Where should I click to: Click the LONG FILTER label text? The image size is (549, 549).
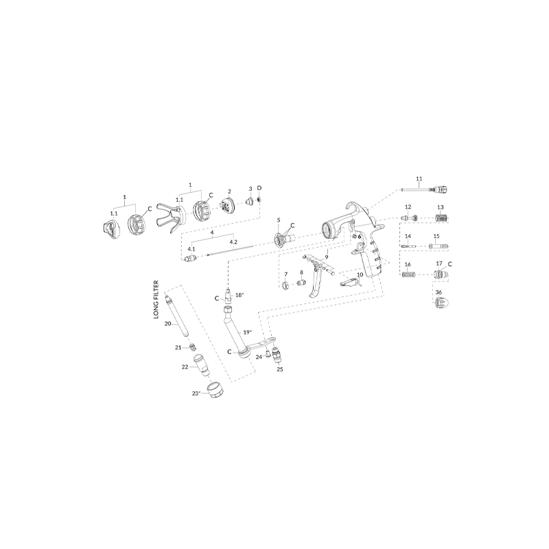156,300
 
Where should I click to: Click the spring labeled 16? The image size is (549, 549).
408,274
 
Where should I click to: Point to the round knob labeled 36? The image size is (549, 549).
440,303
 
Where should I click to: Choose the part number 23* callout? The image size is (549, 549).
196,393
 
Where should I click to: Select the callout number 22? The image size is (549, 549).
185,367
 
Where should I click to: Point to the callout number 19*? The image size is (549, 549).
248,331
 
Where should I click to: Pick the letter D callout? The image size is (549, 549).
259,187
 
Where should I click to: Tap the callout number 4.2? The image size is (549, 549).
233,242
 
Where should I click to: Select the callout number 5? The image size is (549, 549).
279,220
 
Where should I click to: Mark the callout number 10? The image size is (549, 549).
359,274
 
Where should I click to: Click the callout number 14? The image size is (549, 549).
408,235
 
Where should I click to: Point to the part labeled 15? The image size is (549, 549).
439,246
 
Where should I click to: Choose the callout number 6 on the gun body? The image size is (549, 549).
359,235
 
